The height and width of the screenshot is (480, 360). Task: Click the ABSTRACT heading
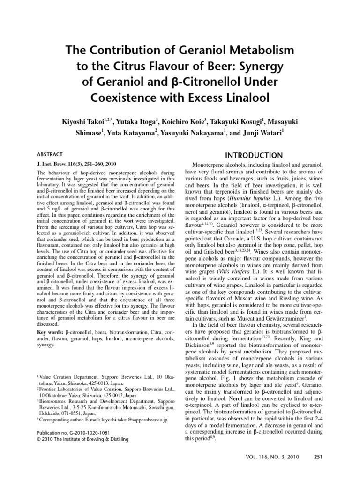[49, 154]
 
